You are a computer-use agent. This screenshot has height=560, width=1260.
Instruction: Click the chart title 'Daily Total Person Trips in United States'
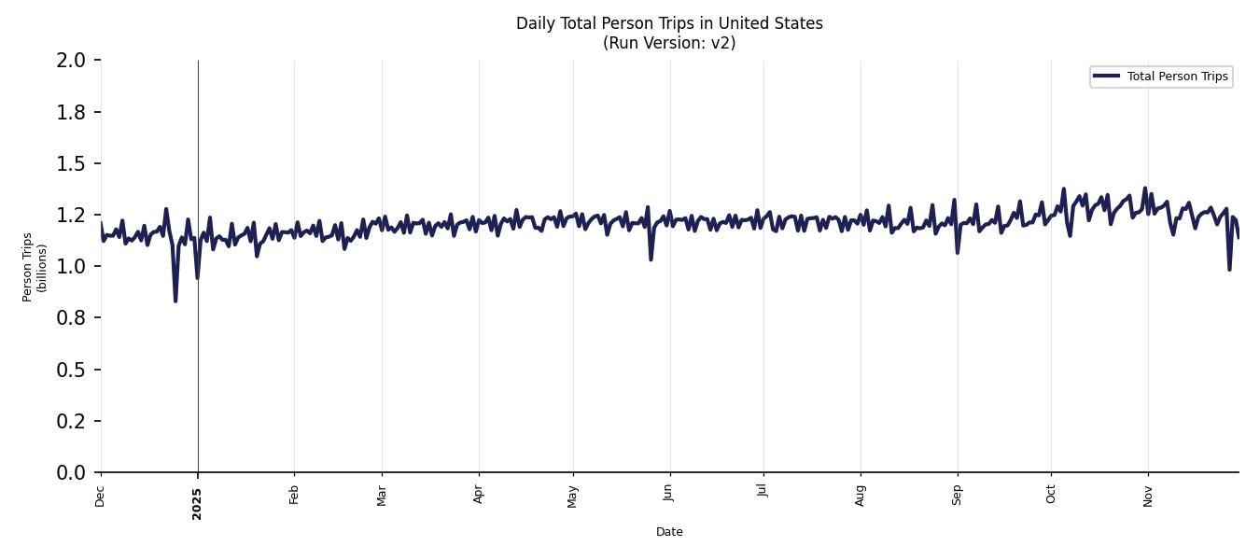tap(669, 23)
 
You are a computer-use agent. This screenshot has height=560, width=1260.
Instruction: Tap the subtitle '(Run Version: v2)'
tap(669, 43)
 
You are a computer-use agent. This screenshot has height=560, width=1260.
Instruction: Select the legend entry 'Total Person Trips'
tap(1177, 77)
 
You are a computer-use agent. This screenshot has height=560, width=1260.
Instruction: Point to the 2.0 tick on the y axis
tap(71, 61)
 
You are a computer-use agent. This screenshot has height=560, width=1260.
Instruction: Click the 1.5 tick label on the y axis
tap(71, 164)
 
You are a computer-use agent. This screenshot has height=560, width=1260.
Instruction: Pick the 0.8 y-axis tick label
tap(71, 318)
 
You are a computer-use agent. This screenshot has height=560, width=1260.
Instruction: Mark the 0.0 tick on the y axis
tap(71, 473)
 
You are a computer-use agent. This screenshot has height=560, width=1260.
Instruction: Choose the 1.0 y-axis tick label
tap(71, 267)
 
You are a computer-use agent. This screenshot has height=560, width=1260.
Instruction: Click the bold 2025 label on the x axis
tap(197, 502)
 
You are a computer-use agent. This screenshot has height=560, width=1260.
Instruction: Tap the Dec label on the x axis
tap(100, 496)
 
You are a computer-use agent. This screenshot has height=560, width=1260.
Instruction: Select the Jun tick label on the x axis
tap(668, 493)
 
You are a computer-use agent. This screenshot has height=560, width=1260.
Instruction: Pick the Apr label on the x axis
tap(479, 494)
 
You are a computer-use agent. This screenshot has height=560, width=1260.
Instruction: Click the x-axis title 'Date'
tap(669, 532)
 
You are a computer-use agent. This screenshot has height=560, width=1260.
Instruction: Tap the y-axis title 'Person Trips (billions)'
tap(34, 267)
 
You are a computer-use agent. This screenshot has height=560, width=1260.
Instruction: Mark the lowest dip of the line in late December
tap(175, 301)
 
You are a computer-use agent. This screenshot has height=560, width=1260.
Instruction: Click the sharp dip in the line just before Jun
tap(651, 259)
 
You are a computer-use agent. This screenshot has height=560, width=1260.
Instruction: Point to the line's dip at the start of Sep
tap(958, 252)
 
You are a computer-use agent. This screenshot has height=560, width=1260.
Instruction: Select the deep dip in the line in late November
tap(1229, 270)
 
